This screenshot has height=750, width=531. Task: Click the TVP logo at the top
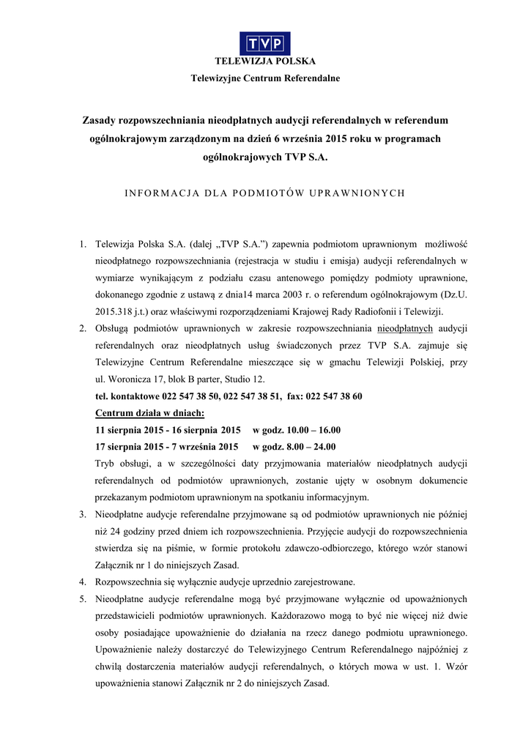click(265, 42)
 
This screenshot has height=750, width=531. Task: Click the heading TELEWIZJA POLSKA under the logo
click(265, 62)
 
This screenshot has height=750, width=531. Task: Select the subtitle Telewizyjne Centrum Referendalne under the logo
click(265, 78)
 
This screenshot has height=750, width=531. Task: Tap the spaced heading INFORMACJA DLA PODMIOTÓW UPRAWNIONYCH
click(265, 193)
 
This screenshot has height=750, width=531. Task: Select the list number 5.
click(83, 599)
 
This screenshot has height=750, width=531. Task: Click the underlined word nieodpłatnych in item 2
click(409, 329)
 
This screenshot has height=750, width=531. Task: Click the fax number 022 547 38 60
click(335, 396)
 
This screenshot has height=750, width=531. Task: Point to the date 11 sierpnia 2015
click(126, 430)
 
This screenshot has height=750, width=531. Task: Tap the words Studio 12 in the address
click(246, 379)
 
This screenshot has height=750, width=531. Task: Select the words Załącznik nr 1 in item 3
click(126, 565)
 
